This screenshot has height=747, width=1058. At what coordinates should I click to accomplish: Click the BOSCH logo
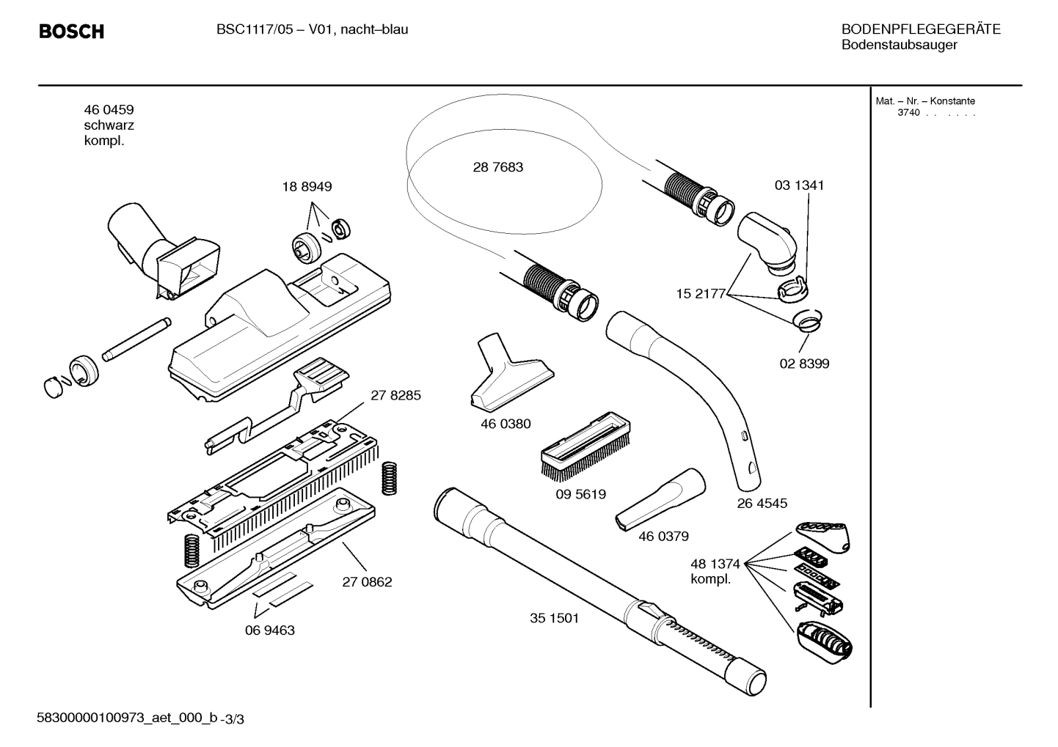[71, 32]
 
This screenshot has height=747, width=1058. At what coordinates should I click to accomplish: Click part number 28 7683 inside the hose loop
[497, 167]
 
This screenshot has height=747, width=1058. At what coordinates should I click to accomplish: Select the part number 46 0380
[506, 424]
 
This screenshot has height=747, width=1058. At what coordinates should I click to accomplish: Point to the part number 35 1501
[554, 618]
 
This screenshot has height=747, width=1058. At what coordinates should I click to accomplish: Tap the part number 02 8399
[804, 364]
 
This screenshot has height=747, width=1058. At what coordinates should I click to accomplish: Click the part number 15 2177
[700, 294]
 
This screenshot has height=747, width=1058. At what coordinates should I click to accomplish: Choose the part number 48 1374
[715, 564]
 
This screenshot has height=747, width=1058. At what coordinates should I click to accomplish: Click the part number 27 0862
[367, 582]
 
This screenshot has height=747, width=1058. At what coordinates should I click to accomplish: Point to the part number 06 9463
[270, 630]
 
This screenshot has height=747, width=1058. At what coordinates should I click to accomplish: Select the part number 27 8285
[395, 395]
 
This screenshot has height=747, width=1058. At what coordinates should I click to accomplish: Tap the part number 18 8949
[307, 187]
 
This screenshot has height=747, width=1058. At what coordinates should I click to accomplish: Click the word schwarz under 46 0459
[109, 125]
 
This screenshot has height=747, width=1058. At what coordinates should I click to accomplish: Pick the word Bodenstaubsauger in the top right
[899, 45]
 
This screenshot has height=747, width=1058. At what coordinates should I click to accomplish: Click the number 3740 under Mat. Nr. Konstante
[908, 113]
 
